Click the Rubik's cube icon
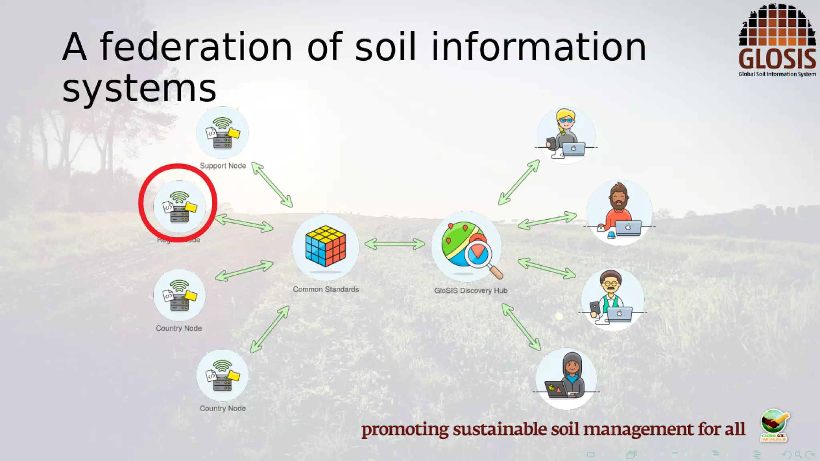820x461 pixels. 325,246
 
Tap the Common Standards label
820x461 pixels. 326,289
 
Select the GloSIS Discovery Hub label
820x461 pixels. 470,291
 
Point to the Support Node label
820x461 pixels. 223,166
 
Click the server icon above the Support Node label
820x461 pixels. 223,133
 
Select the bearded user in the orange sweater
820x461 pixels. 619,212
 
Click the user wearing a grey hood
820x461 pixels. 566,378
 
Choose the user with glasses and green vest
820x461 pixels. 612,298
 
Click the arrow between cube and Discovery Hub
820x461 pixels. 395,243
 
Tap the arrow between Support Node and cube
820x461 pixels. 272,185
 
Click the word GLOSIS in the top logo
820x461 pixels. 777,59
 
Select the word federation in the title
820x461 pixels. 196,47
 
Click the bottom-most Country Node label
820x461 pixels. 223,408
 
